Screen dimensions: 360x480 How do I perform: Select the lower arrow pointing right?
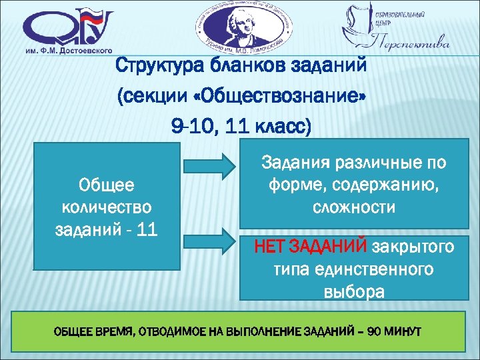click(x=208, y=241)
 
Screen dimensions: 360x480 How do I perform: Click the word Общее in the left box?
click(x=106, y=185)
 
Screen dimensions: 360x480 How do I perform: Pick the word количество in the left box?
click(x=106, y=208)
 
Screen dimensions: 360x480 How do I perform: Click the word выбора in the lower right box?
click(x=353, y=292)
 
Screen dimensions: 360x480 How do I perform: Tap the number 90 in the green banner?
click(x=376, y=332)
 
